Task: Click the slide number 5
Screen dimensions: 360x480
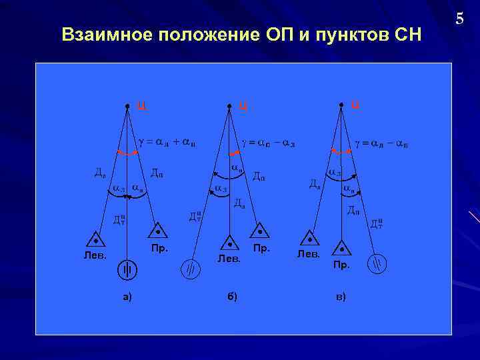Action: [459, 19]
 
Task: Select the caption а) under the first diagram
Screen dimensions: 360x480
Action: [127, 297]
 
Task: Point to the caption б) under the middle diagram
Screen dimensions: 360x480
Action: [231, 297]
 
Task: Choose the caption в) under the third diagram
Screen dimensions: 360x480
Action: [341, 297]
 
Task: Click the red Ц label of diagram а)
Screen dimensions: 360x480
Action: [141, 104]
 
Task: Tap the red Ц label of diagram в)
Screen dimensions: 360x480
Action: [355, 103]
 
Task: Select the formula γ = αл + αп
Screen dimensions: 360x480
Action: [166, 142]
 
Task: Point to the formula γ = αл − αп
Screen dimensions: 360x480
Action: [381, 143]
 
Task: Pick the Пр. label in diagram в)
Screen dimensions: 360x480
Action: [341, 265]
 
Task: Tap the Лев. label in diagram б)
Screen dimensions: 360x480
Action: [229, 259]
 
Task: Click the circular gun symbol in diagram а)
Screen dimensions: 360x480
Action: [127, 270]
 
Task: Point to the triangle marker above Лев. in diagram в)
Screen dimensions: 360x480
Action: [309, 238]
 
